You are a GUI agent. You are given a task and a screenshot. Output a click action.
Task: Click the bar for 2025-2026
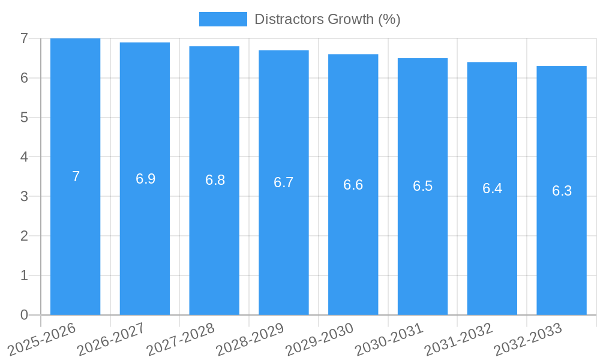(x=75, y=240)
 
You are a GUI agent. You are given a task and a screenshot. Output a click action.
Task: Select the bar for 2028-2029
(x=284, y=252)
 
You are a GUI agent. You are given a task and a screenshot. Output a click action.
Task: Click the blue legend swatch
(x=223, y=19)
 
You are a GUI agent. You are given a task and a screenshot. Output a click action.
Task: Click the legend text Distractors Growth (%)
(x=327, y=19)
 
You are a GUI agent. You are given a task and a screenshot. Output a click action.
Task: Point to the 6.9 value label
(x=145, y=179)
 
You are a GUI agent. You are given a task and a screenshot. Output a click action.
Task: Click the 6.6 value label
(x=353, y=185)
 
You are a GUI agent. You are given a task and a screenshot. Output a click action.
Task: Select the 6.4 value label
(x=492, y=188)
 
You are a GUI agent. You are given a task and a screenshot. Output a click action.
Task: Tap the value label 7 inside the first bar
(x=76, y=176)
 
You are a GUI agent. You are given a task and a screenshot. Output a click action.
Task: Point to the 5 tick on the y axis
(x=24, y=118)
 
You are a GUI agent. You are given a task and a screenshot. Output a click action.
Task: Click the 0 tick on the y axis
(x=24, y=315)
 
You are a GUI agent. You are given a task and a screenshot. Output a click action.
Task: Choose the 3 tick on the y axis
(x=24, y=196)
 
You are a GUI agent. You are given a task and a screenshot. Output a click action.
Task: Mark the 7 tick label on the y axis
(x=24, y=38)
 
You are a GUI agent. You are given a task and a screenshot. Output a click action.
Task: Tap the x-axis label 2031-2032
(x=460, y=339)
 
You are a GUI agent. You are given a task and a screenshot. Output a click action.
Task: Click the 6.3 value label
(x=562, y=191)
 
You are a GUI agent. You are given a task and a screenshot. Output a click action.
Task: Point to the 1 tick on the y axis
(x=24, y=275)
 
